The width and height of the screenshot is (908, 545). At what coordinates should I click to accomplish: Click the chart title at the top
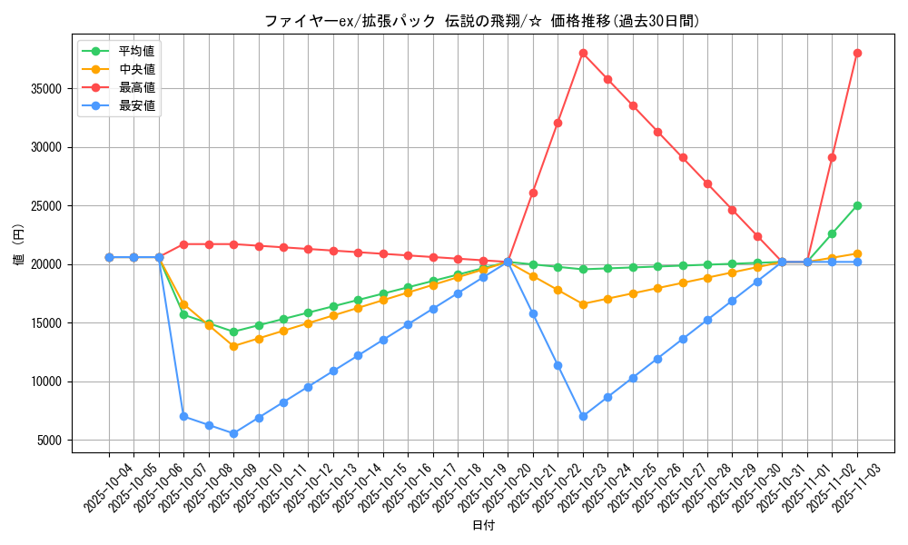481,21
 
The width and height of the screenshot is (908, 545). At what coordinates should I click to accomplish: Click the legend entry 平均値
136,51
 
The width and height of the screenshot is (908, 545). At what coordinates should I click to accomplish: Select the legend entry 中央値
136,69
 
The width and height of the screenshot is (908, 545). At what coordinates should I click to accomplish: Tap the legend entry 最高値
136,87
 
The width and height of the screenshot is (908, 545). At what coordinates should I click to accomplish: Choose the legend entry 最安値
136,105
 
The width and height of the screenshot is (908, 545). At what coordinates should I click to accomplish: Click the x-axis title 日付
483,526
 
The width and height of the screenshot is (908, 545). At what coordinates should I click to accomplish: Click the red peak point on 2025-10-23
583,53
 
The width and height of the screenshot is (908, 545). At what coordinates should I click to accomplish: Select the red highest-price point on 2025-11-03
857,53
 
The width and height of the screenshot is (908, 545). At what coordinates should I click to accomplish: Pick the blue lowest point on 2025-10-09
233,433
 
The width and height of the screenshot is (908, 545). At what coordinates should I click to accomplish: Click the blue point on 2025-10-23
583,416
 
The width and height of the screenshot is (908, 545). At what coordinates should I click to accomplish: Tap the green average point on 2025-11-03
857,205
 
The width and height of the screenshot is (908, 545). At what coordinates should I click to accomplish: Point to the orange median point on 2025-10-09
233,346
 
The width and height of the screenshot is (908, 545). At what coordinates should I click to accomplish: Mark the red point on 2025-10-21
533,193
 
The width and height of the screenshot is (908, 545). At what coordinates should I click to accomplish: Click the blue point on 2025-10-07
183,416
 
